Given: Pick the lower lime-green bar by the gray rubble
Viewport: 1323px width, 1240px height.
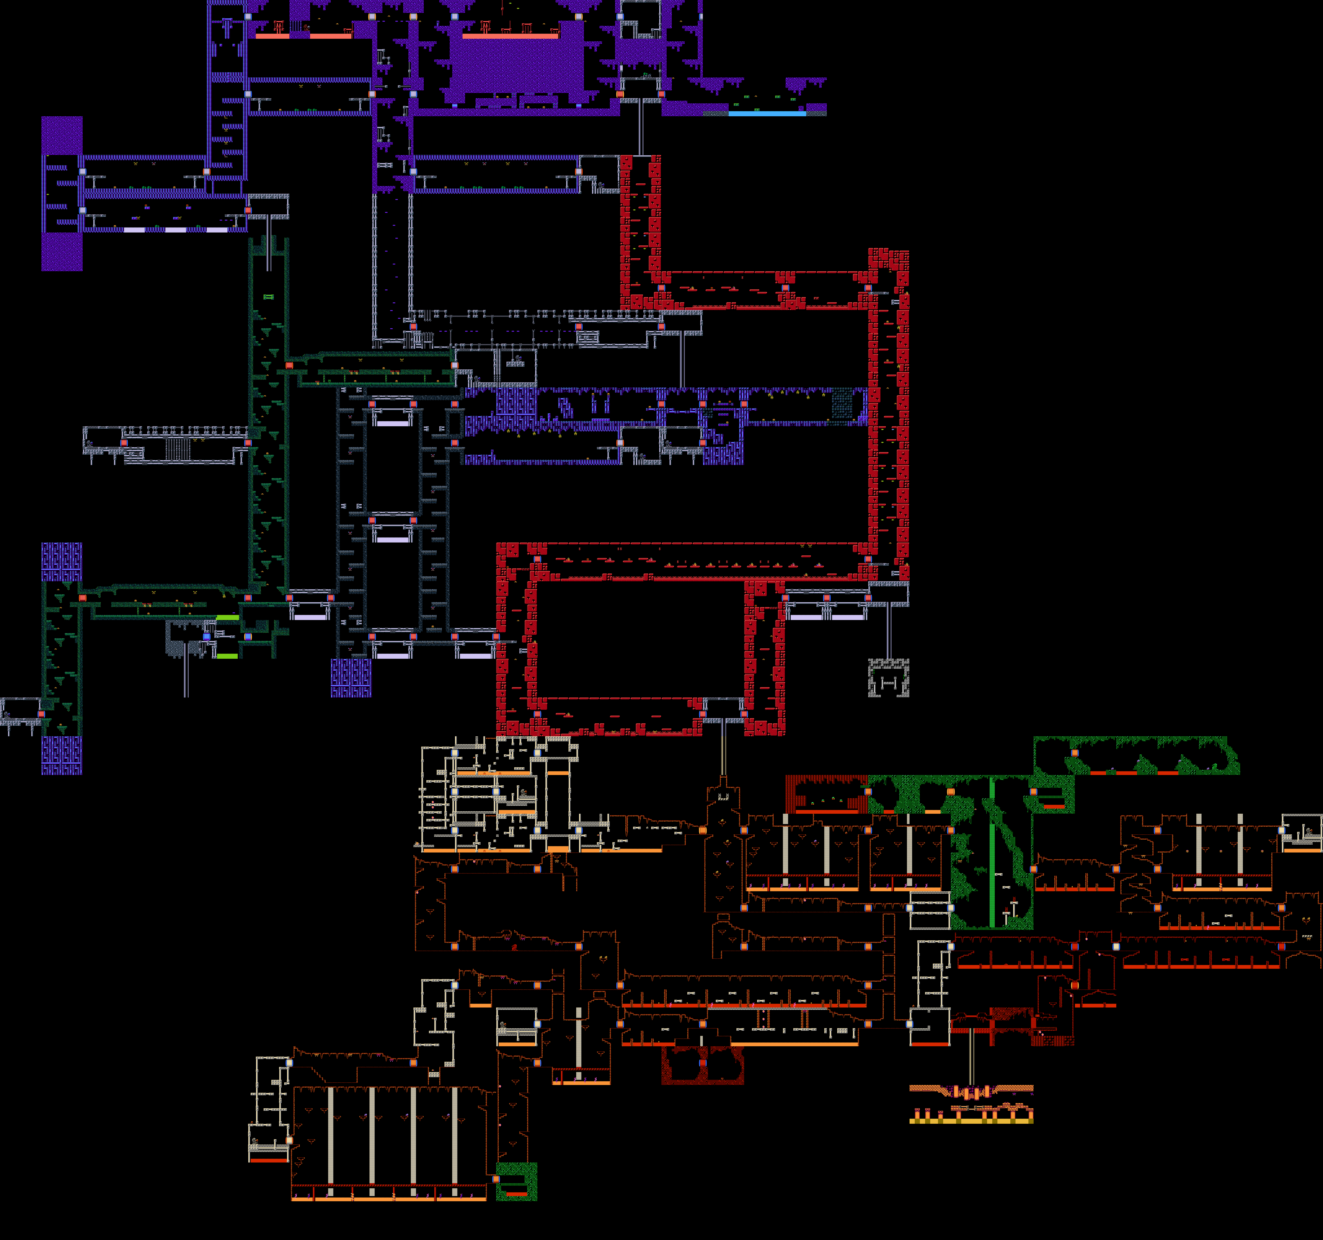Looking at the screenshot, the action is tap(227, 656).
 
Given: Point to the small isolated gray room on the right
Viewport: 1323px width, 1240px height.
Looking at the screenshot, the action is tap(888, 679).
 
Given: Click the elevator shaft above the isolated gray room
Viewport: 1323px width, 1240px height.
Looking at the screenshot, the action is tap(888, 632).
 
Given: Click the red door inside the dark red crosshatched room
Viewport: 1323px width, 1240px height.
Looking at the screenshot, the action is tap(702, 1063).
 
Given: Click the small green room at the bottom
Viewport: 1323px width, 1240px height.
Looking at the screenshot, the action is tap(516, 1181).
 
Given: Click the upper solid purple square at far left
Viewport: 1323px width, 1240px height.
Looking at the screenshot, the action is tap(62, 136).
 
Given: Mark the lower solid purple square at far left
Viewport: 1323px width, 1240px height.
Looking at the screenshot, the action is tap(62, 251).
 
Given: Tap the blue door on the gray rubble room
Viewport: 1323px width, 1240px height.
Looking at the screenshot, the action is tap(207, 637).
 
